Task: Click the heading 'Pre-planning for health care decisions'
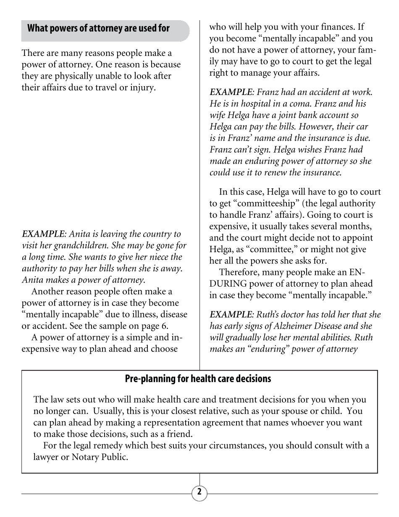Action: [198, 379]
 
